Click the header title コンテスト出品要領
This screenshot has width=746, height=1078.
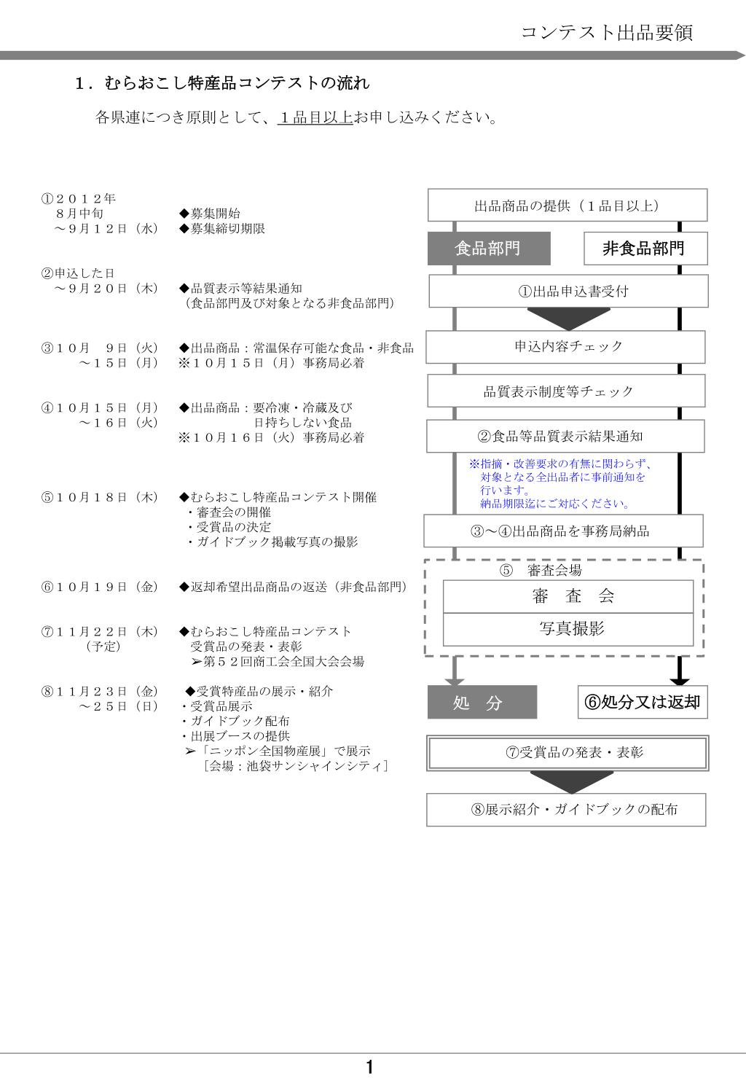(607, 32)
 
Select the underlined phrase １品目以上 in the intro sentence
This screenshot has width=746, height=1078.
(315, 117)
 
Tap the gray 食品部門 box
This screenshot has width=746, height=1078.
(488, 249)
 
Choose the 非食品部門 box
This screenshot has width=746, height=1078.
(645, 249)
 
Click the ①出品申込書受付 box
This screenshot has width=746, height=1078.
(568, 291)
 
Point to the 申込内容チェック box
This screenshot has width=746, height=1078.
(566, 346)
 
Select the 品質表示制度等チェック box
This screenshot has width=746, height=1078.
(566, 391)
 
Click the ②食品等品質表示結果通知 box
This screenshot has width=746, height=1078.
(566, 436)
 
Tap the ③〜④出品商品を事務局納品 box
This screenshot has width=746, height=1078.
(564, 531)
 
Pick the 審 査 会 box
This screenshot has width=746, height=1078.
(568, 596)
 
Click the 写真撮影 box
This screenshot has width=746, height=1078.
(568, 629)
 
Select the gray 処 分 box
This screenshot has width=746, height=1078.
(482, 703)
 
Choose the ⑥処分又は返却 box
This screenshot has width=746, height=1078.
(643, 702)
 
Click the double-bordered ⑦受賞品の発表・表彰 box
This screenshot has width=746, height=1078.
(568, 752)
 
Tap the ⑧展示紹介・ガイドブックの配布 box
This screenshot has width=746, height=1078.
(566, 809)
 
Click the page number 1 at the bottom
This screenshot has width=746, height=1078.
(370, 1068)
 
